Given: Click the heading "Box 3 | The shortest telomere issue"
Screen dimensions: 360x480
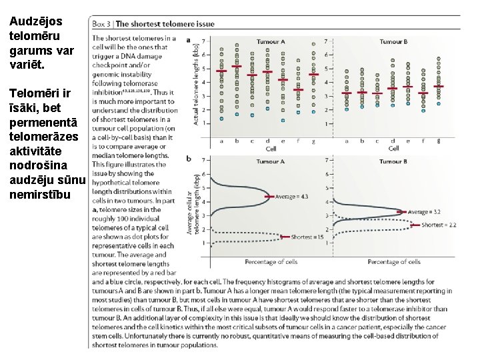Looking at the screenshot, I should (x=153, y=24).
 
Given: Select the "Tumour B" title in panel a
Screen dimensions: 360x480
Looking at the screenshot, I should (x=393, y=41).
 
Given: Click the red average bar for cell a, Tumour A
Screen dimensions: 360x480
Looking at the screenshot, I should (x=221, y=71).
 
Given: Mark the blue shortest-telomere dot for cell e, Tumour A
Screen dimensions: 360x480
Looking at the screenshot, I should (x=283, y=121).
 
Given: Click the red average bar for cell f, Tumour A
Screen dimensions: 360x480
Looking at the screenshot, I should (x=298, y=90).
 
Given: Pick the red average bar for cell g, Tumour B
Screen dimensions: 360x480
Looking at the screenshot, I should (x=438, y=86).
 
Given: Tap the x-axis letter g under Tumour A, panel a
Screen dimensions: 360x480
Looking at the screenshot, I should (x=313, y=141).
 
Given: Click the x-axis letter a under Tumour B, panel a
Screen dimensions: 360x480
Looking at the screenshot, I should (x=346, y=141).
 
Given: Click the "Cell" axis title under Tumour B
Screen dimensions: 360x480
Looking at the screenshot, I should (x=393, y=149).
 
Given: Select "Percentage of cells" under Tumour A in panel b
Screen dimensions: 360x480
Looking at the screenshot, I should (x=271, y=261).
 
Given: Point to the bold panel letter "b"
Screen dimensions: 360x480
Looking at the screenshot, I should (x=189, y=159).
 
